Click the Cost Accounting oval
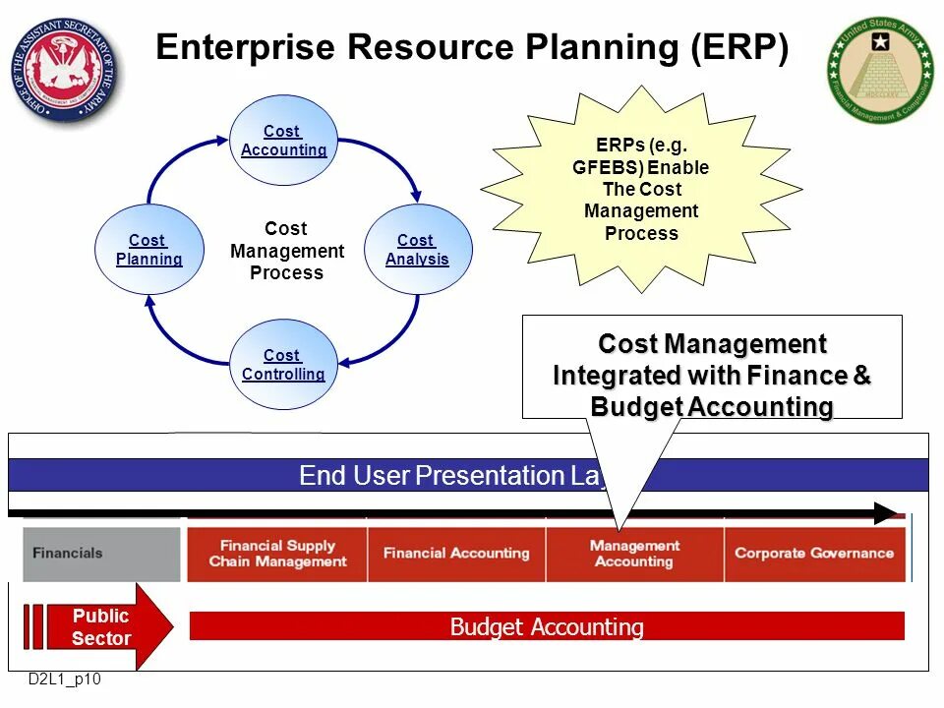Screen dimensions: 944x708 coord(283,141)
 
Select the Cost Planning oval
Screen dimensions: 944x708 coord(148,250)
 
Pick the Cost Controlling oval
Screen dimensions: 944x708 coord(283,365)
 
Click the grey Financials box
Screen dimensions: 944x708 coord(102,554)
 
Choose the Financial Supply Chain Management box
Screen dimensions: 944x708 coord(277,554)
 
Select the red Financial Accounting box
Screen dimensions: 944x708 coord(456,554)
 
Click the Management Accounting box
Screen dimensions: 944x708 coord(634,554)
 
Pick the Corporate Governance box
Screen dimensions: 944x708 coord(814,554)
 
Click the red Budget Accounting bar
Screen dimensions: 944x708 coord(547,626)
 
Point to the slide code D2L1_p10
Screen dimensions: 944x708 coord(64,679)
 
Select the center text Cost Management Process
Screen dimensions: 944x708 coord(286,251)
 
